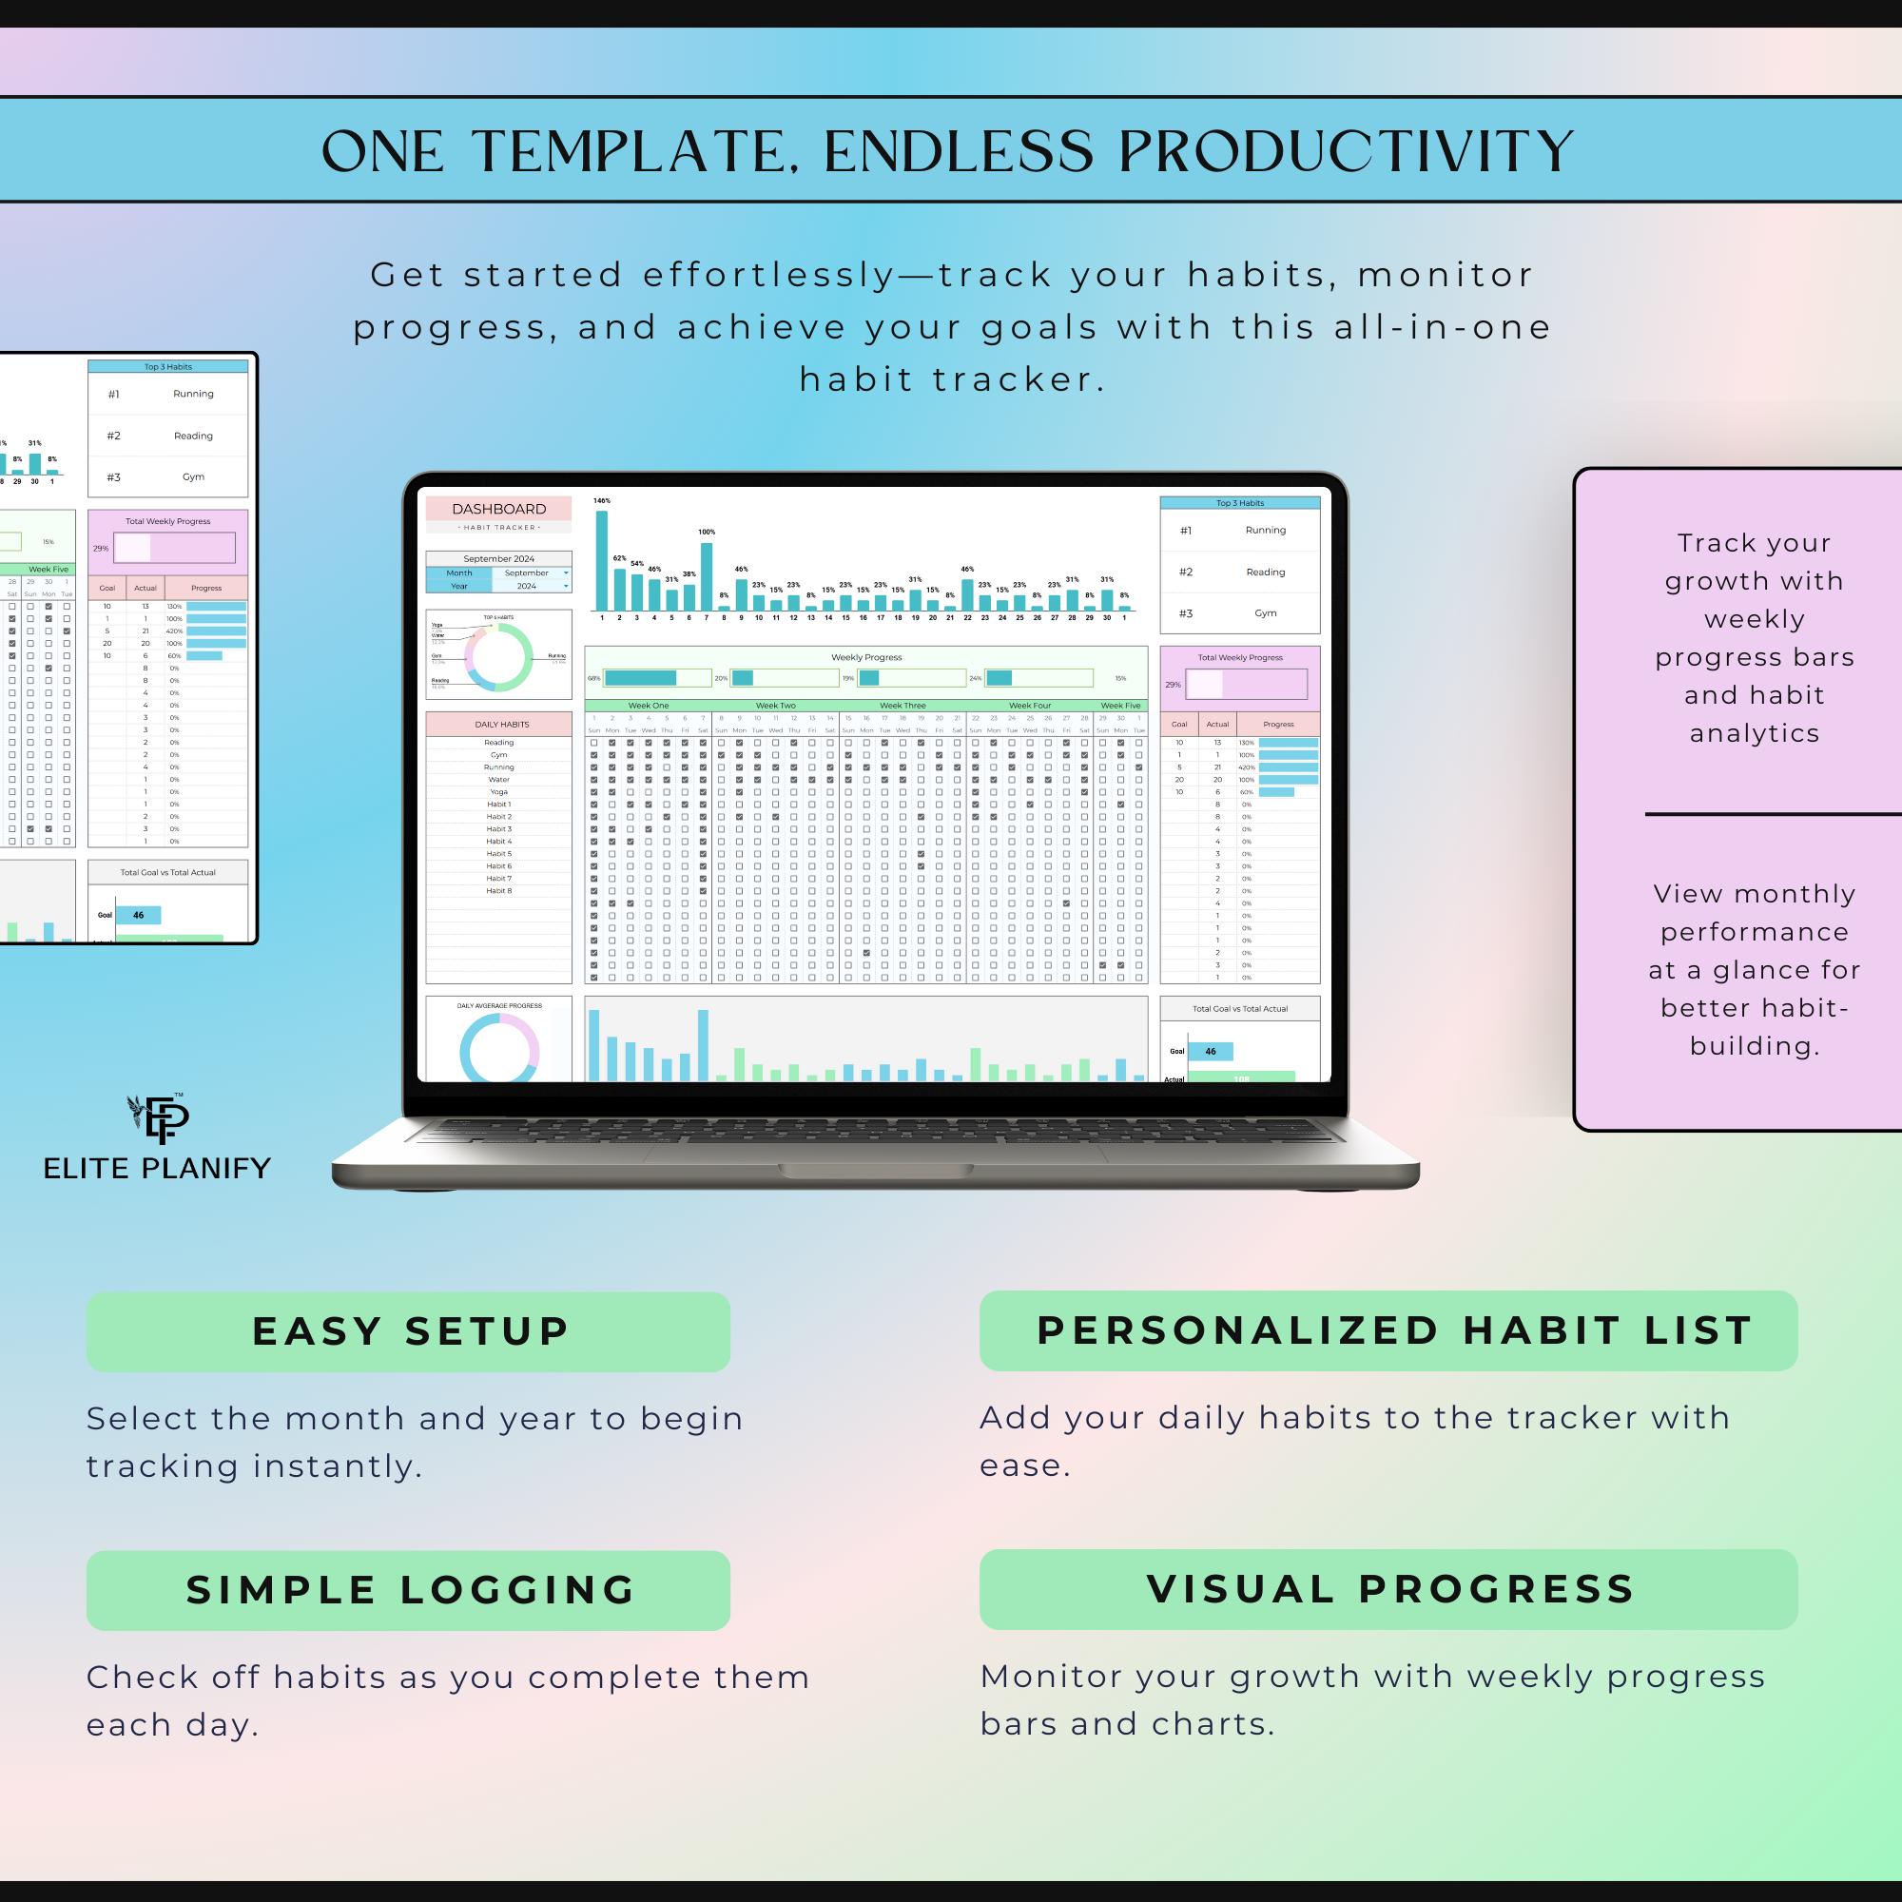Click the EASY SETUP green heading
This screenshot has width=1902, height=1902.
pyautogui.click(x=409, y=1332)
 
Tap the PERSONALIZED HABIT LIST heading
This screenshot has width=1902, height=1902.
pyautogui.click(x=1388, y=1331)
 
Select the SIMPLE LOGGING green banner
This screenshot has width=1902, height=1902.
pyautogui.click(x=409, y=1591)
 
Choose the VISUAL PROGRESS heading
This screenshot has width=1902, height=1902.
pyautogui.click(x=1388, y=1590)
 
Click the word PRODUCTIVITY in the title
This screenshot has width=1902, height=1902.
pyautogui.click(x=1346, y=152)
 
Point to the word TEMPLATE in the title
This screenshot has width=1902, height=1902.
pyautogui.click(x=631, y=152)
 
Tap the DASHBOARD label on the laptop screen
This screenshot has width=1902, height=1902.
pyautogui.click(x=498, y=509)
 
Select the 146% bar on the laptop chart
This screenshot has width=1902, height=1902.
pyautogui.click(x=602, y=559)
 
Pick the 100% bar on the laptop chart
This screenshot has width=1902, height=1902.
pyautogui.click(x=706, y=577)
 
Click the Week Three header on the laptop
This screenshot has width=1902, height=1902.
pyautogui.click(x=902, y=706)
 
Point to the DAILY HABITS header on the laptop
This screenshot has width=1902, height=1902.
pyautogui.click(x=501, y=725)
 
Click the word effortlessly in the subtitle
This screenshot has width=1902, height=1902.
pyautogui.click(x=770, y=276)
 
